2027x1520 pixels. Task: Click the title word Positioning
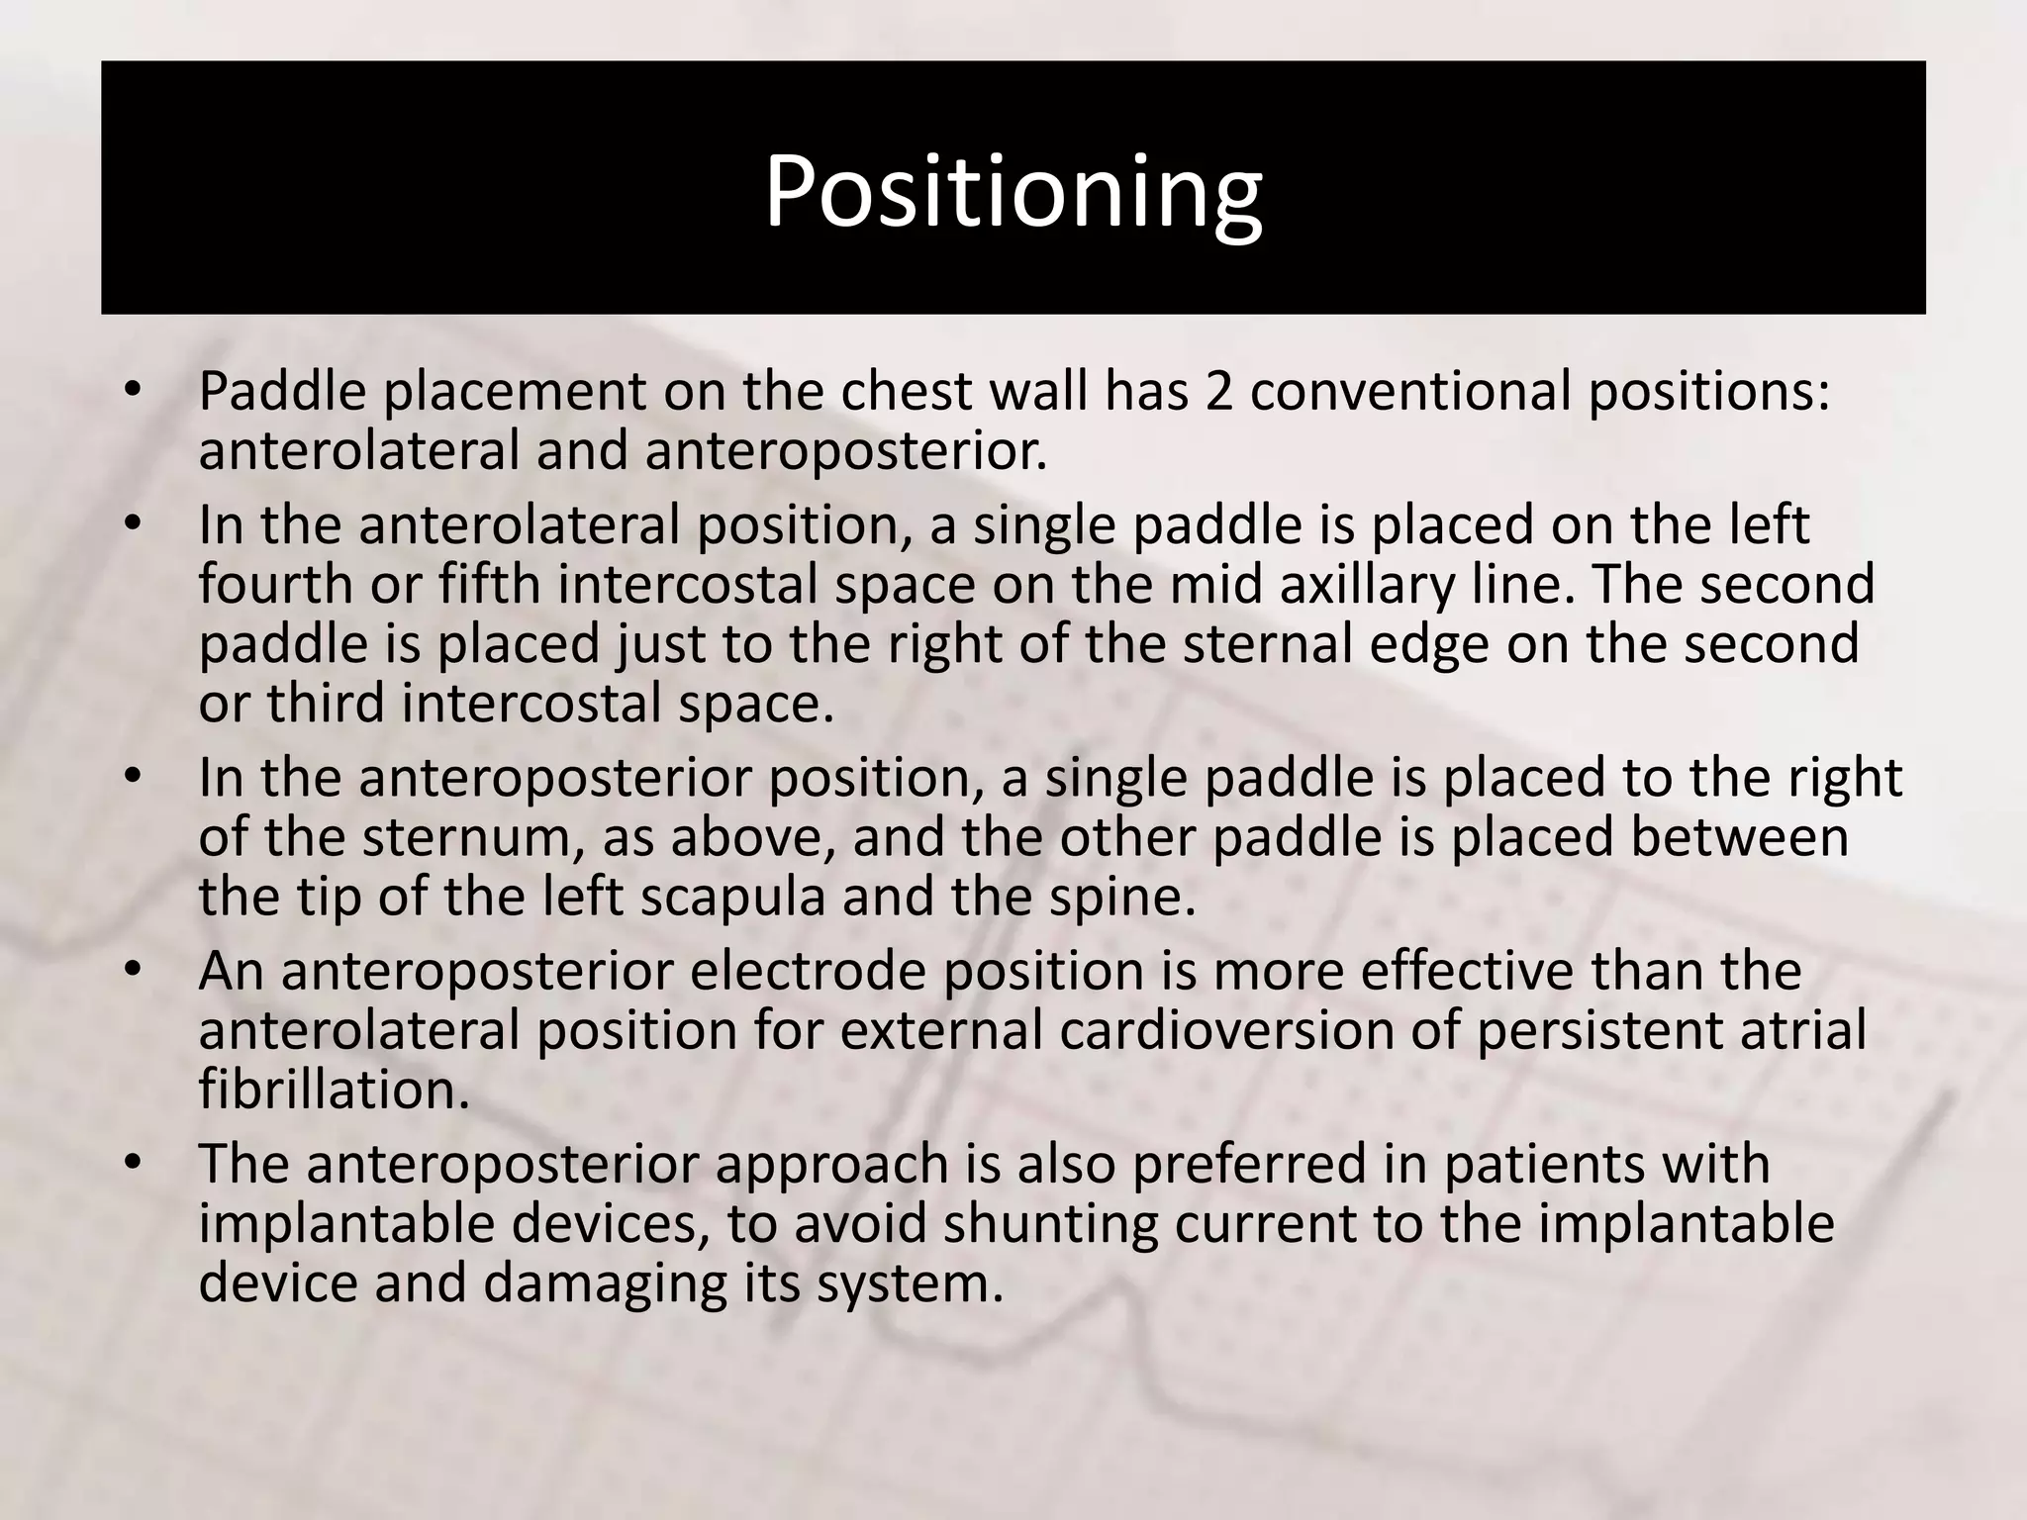pyautogui.click(x=1013, y=192)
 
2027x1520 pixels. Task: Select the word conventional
pyautogui.click(x=1409, y=392)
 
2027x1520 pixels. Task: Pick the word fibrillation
pyautogui.click(x=334, y=1090)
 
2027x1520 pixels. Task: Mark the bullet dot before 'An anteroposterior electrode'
pyautogui.click(x=134, y=971)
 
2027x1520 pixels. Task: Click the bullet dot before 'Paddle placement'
pyautogui.click(x=134, y=392)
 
